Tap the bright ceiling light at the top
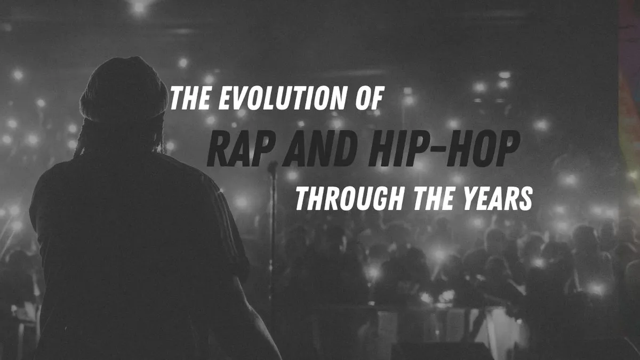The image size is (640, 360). coord(140,6)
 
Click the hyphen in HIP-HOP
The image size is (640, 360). coord(425,150)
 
